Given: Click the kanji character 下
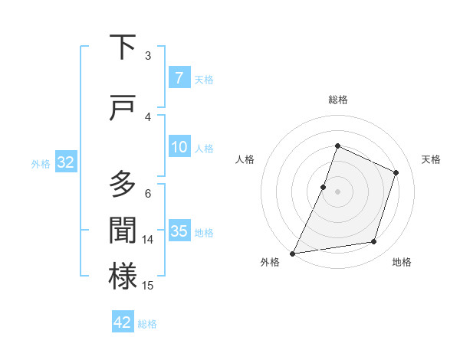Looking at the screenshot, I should pyautogui.click(x=123, y=47).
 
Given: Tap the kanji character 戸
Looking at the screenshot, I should pyautogui.click(x=123, y=110).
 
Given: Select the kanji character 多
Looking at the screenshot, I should pyautogui.click(x=123, y=185).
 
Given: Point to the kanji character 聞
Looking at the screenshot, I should pyautogui.click(x=123, y=229).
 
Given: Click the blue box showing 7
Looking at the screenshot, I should pyautogui.click(x=179, y=77).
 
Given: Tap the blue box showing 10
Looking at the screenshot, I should pyautogui.click(x=179, y=147).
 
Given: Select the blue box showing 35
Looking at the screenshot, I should pyautogui.click(x=179, y=231).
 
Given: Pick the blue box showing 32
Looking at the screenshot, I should pyautogui.click(x=65, y=162).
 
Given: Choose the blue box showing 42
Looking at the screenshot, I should pyautogui.click(x=123, y=322).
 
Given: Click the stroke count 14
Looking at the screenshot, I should pyautogui.click(x=148, y=240).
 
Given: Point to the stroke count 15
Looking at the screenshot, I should pyautogui.click(x=148, y=286).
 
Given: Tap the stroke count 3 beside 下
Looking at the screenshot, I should pyautogui.click(x=148, y=56).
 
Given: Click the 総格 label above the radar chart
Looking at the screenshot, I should pyautogui.click(x=337, y=100).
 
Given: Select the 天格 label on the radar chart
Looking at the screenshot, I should pyautogui.click(x=431, y=159).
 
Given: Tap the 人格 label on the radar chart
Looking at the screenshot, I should pyautogui.click(x=245, y=159).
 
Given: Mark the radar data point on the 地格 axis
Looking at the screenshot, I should pyautogui.click(x=374, y=242).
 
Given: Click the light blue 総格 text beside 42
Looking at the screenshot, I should pyautogui.click(x=147, y=324).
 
